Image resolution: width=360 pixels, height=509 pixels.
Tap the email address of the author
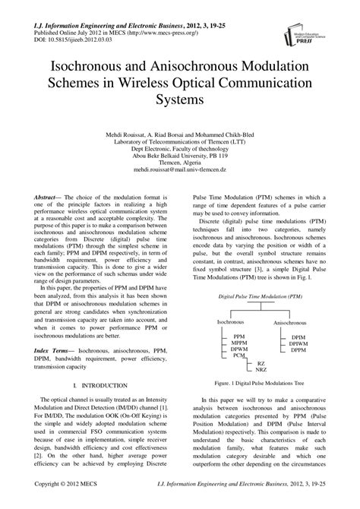pyautogui.click(x=179, y=171)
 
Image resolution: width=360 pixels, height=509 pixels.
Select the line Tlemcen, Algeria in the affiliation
pyautogui.click(x=180, y=163)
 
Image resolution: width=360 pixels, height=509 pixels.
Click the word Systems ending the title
pyautogui.click(x=180, y=99)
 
